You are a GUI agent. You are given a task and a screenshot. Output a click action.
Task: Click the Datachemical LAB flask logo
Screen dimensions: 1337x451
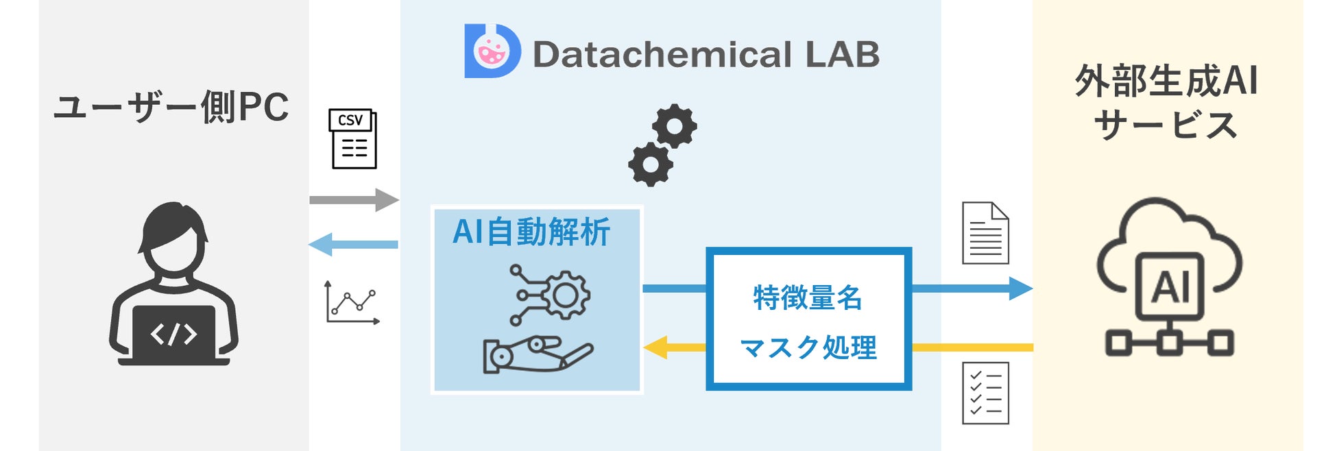[492, 51]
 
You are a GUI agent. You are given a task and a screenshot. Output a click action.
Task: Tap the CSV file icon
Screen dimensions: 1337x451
[353, 138]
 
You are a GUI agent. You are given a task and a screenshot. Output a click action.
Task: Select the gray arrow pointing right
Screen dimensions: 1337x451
[354, 200]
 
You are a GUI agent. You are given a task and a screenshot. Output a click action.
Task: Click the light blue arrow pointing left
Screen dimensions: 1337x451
[354, 245]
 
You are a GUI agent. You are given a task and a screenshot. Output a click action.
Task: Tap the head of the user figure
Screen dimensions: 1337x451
[173, 236]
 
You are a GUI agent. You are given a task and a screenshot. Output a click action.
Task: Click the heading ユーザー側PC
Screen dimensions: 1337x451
[171, 108]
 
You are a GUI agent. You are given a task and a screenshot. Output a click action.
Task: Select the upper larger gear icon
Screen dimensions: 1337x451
[674, 126]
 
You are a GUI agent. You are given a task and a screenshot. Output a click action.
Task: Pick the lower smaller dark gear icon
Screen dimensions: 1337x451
[650, 164]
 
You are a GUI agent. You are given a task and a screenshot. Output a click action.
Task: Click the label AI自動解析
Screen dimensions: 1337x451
[531, 232]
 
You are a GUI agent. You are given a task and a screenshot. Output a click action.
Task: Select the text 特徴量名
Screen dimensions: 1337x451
[808, 298]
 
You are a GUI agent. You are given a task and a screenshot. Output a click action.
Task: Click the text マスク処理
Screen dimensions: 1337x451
[808, 348]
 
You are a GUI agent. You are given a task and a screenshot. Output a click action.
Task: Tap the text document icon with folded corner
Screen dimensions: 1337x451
[985, 233]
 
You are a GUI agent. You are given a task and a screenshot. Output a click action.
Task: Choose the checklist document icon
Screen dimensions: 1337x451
[985, 393]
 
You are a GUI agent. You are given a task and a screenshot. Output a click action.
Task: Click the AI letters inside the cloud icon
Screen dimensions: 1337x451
[1170, 287]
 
